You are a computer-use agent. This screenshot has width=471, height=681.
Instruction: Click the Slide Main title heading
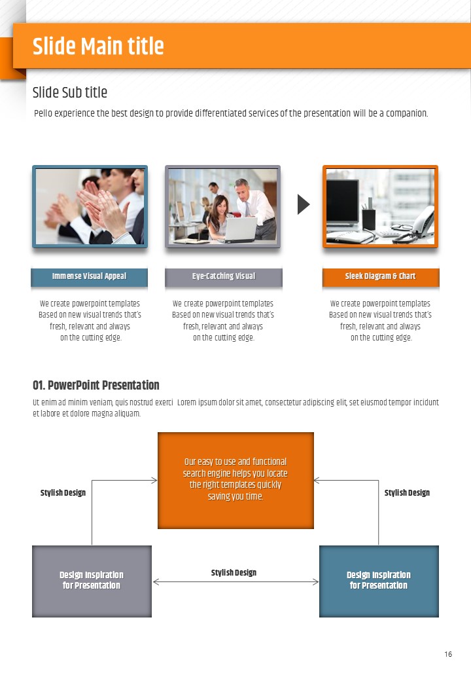[98, 46]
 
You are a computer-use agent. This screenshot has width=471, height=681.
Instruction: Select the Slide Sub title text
[70, 92]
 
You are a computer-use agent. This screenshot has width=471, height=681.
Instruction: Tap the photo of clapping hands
[90, 206]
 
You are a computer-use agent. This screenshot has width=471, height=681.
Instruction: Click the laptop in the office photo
[240, 229]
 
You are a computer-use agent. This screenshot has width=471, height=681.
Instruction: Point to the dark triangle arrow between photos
[304, 204]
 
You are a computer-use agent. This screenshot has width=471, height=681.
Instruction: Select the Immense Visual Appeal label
[90, 276]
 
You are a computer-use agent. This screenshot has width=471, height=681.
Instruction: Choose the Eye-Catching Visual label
[224, 276]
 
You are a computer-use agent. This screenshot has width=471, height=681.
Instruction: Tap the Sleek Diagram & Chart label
[380, 276]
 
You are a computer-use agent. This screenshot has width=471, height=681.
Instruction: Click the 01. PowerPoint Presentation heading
[96, 385]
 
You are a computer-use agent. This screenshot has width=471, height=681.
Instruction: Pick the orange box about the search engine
[235, 481]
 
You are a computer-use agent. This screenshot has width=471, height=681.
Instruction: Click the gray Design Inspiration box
[92, 581]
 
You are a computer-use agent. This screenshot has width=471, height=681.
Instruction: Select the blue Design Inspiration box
[379, 581]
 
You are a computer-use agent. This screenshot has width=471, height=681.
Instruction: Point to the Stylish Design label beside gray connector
[63, 492]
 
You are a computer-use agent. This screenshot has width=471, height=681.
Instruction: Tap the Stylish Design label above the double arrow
[234, 572]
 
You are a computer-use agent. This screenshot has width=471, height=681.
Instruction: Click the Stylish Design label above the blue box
[407, 492]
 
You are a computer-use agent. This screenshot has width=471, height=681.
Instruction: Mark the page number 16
[448, 654]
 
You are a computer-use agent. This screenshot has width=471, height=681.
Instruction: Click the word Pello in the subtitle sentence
[43, 113]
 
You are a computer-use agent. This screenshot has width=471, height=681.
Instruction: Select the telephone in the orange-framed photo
[420, 224]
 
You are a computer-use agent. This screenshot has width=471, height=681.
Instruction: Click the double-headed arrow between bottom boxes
[235, 582]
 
